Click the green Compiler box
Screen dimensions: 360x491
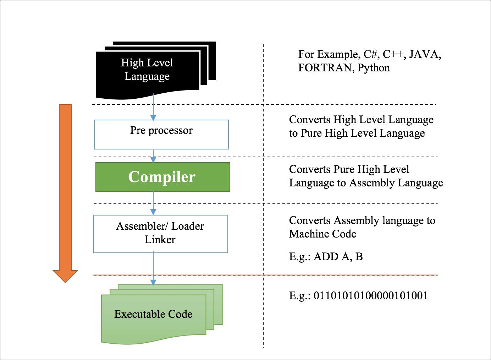[x=162, y=177]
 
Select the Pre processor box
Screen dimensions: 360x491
[x=161, y=135]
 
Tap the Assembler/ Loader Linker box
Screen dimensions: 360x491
[x=160, y=234]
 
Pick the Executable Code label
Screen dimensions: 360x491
[x=153, y=314]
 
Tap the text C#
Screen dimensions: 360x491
[x=371, y=54]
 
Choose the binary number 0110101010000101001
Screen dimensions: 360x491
[x=371, y=296]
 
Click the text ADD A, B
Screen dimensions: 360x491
[x=338, y=257]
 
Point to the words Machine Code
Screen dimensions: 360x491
[x=322, y=234]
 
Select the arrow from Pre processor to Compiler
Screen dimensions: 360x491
[x=153, y=156]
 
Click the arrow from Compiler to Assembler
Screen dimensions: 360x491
[x=153, y=203]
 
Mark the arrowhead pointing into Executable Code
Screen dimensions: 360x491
[x=153, y=282]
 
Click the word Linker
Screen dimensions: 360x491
[x=160, y=240]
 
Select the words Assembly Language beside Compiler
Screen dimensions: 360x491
[x=396, y=183]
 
